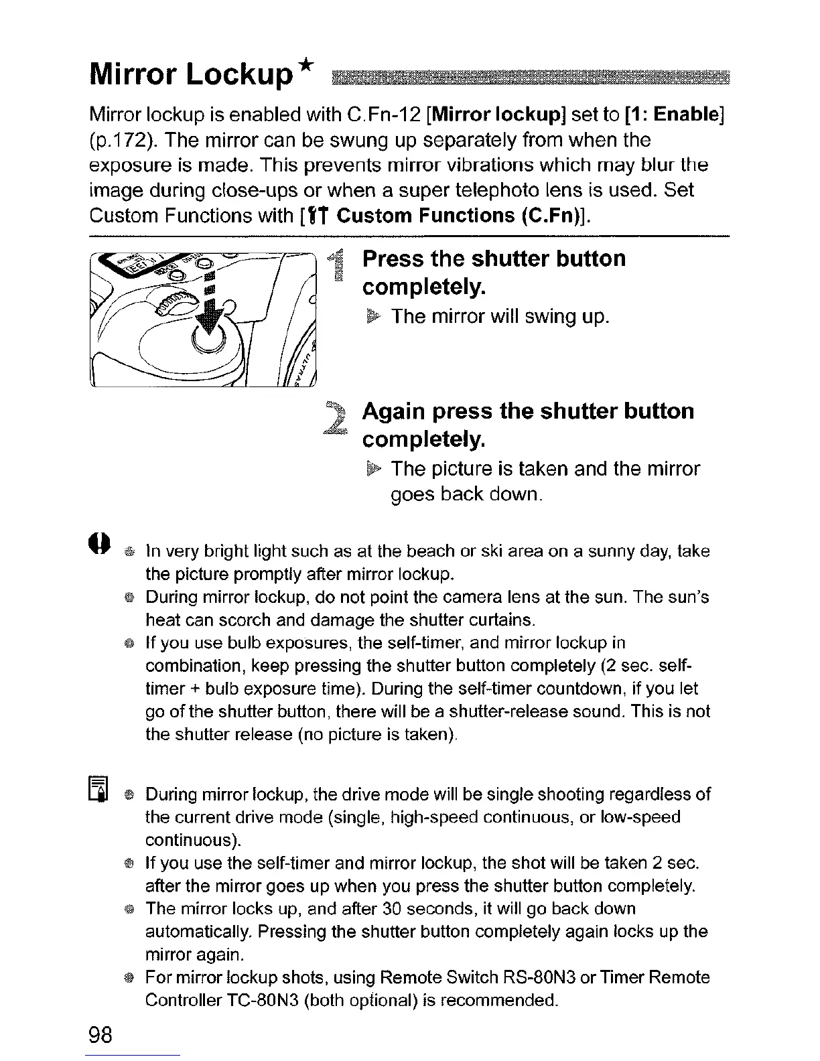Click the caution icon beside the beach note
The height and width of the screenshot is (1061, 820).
click(99, 541)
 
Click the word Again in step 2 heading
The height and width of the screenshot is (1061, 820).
click(397, 411)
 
